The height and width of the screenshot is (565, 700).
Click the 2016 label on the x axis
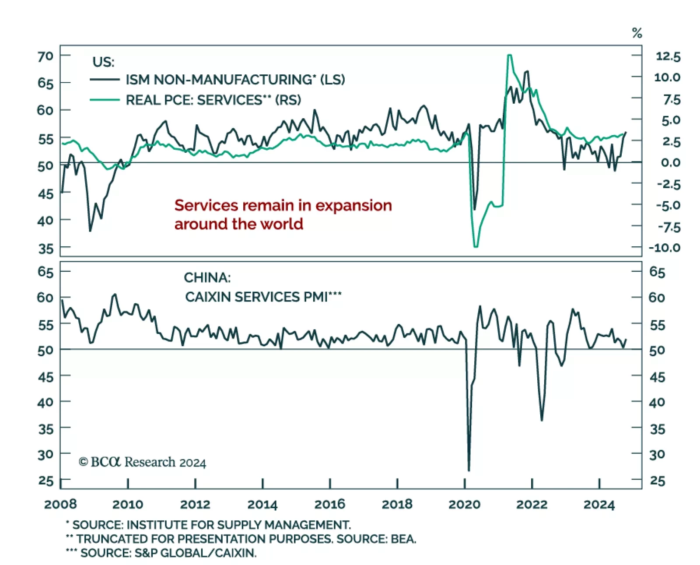tap(329, 504)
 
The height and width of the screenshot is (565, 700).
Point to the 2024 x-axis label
tap(599, 504)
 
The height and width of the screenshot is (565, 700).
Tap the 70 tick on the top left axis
tap(45, 56)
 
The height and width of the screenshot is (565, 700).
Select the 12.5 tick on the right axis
tap(668, 56)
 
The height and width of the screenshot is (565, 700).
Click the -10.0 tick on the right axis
tap(664, 248)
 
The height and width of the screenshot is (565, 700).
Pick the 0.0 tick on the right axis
tap(670, 162)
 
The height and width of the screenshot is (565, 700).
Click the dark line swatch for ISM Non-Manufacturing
tap(105, 80)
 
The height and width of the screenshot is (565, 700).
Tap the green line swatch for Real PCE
tap(105, 100)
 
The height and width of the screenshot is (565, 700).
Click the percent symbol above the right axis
tap(637, 33)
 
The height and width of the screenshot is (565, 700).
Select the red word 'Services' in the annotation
tap(206, 205)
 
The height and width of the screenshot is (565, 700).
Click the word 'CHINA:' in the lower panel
tap(207, 277)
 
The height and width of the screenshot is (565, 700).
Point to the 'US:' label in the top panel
tap(103, 62)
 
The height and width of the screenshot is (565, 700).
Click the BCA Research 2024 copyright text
tap(142, 462)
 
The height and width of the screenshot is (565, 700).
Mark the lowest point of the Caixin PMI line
tap(469, 470)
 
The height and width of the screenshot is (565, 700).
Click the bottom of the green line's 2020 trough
tap(476, 246)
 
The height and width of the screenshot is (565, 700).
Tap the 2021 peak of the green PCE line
tap(509, 55)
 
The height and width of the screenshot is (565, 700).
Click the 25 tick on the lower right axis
tap(657, 481)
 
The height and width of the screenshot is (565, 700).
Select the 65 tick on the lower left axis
tap(45, 272)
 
